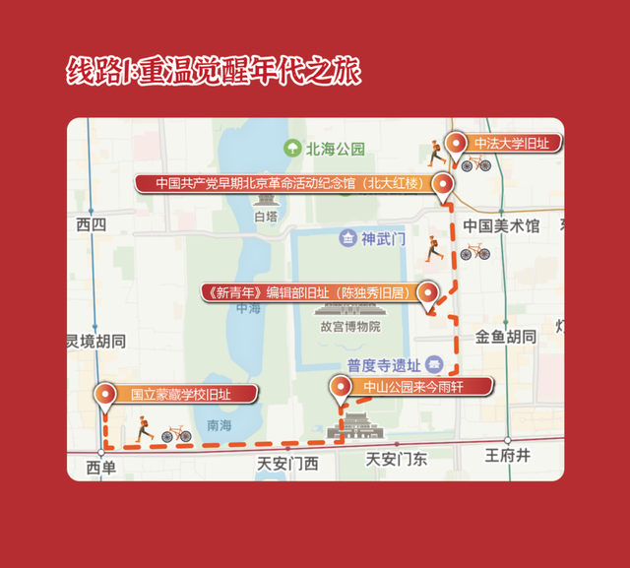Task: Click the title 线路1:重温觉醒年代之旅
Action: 214,73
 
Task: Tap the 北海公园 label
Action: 335,150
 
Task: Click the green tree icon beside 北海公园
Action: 292,150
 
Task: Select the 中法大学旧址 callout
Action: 510,144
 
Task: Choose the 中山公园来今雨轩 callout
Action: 413,386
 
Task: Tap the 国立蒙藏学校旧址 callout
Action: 180,395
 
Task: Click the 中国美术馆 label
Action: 502,226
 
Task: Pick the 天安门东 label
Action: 397,459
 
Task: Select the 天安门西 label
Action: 287,463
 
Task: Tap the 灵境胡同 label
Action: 96,342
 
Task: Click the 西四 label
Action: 91,225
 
